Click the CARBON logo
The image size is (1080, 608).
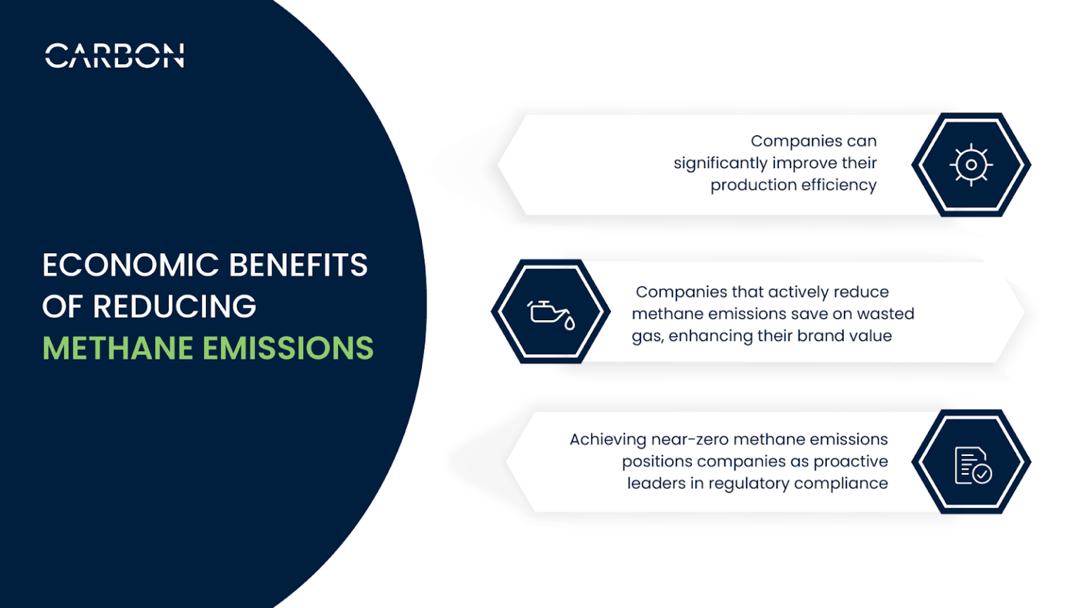115,56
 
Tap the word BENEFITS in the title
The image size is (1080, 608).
298,266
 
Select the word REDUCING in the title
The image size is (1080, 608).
174,307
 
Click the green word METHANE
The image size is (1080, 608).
117,348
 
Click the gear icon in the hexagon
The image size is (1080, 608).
971,165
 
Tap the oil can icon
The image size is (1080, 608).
551,312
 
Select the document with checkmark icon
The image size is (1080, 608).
972,465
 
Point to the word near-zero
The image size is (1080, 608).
689,439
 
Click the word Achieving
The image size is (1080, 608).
607,440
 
